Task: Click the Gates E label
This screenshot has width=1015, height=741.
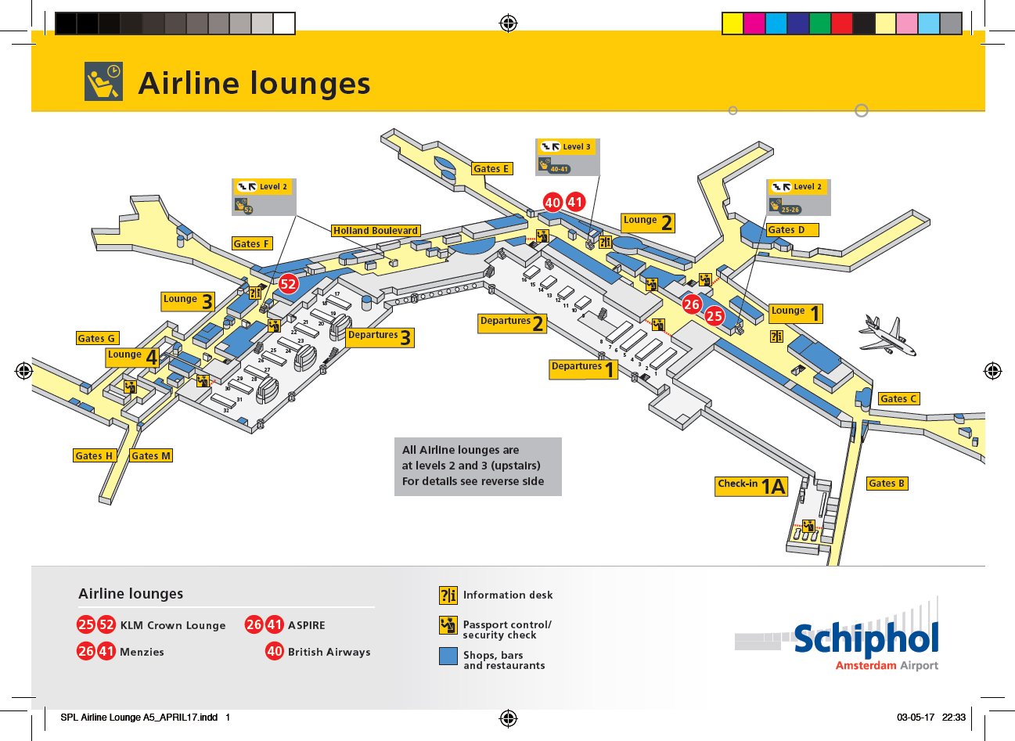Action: coord(491,168)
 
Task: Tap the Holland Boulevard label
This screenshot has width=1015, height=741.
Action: coord(376,231)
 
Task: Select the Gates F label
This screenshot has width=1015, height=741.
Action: coord(251,243)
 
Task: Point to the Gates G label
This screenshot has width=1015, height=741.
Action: coord(97,338)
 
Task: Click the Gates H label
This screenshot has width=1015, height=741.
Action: coord(94,455)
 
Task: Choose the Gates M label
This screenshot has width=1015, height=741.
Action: coord(151,455)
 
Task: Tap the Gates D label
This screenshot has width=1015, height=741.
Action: coord(792,229)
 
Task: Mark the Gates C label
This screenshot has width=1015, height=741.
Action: coord(898,398)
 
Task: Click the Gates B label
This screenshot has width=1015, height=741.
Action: coord(887,484)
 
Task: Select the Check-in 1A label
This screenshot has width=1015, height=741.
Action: coord(751,487)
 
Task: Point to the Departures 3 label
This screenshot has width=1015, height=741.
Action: coord(380,337)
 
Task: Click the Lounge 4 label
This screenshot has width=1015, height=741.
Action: coord(133,358)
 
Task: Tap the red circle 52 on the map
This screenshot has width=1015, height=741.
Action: coord(288,284)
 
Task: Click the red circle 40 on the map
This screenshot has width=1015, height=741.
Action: coord(552,203)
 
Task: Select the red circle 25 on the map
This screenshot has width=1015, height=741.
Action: coord(714,316)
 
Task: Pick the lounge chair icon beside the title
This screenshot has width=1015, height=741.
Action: coord(104,81)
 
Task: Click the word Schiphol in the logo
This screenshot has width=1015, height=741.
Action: coord(866,640)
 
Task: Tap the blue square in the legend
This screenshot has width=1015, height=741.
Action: coord(448,656)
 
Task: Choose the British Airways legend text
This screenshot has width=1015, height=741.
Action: coord(329,652)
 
